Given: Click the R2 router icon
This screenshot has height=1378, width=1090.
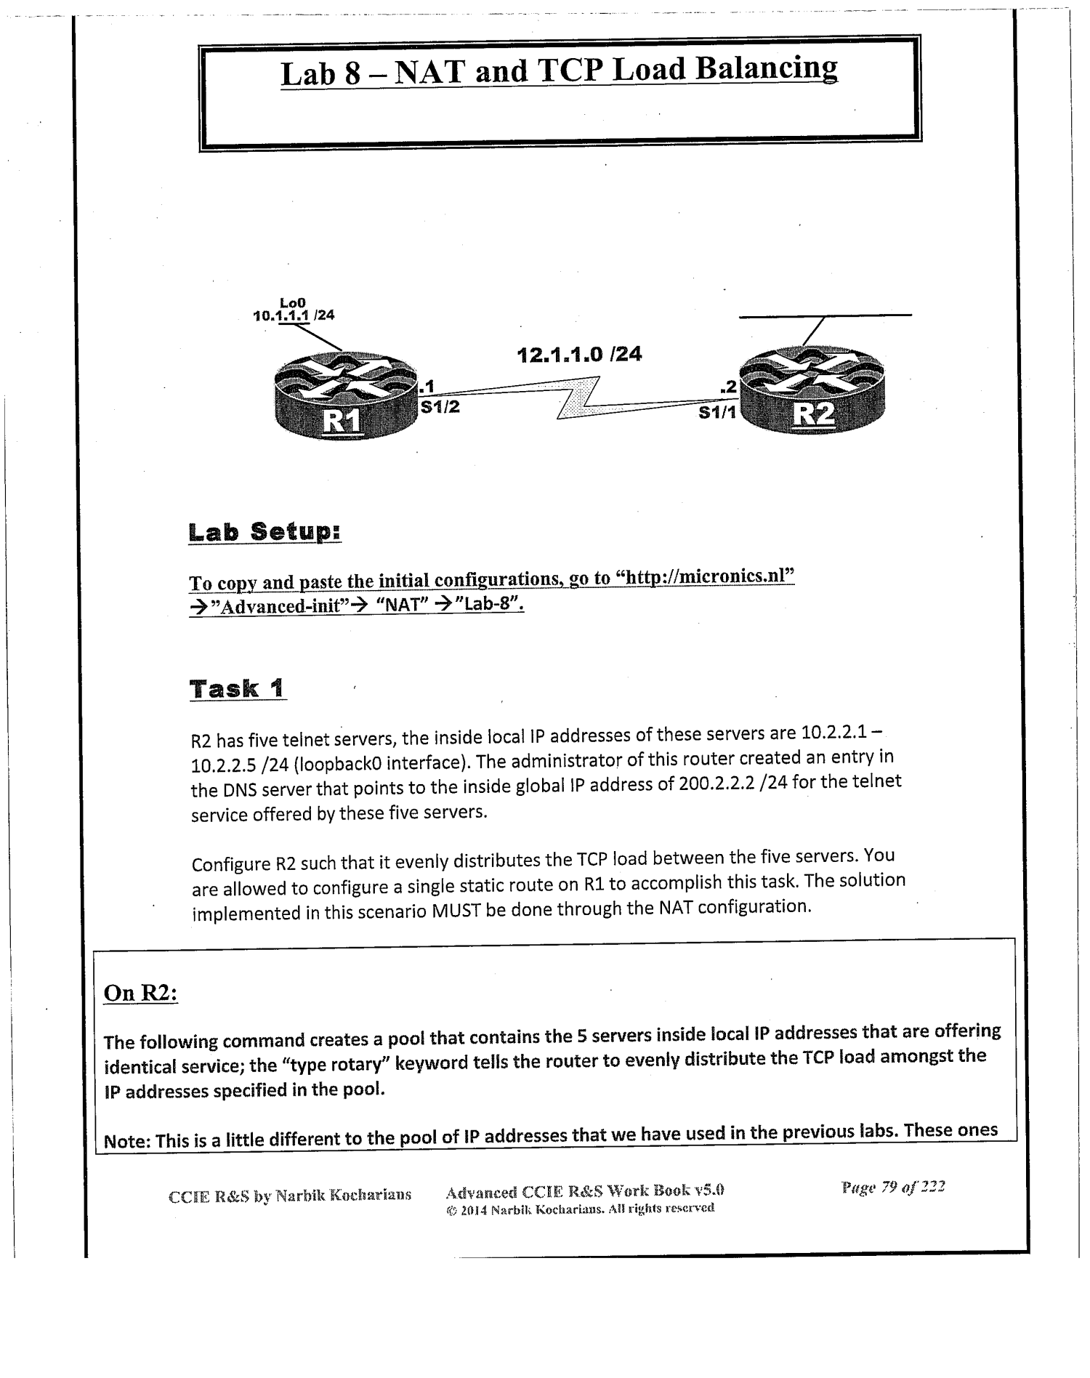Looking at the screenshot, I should click(x=811, y=392).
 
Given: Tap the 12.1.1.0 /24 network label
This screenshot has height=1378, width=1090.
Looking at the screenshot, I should click(x=579, y=355).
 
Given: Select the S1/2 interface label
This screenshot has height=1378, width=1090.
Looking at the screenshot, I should click(x=440, y=407).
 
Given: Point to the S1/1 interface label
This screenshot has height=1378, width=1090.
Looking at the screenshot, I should click(x=717, y=413).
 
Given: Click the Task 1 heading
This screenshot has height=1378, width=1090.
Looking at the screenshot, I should click(x=238, y=688).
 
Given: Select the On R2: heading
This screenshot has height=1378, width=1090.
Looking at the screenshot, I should click(x=141, y=993).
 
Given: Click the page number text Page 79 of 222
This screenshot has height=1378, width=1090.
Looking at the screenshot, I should click(x=892, y=1189).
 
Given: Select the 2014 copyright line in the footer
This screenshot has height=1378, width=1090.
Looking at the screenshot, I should click(x=579, y=1208).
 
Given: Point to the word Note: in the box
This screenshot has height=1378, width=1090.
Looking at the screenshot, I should click(x=127, y=1140).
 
